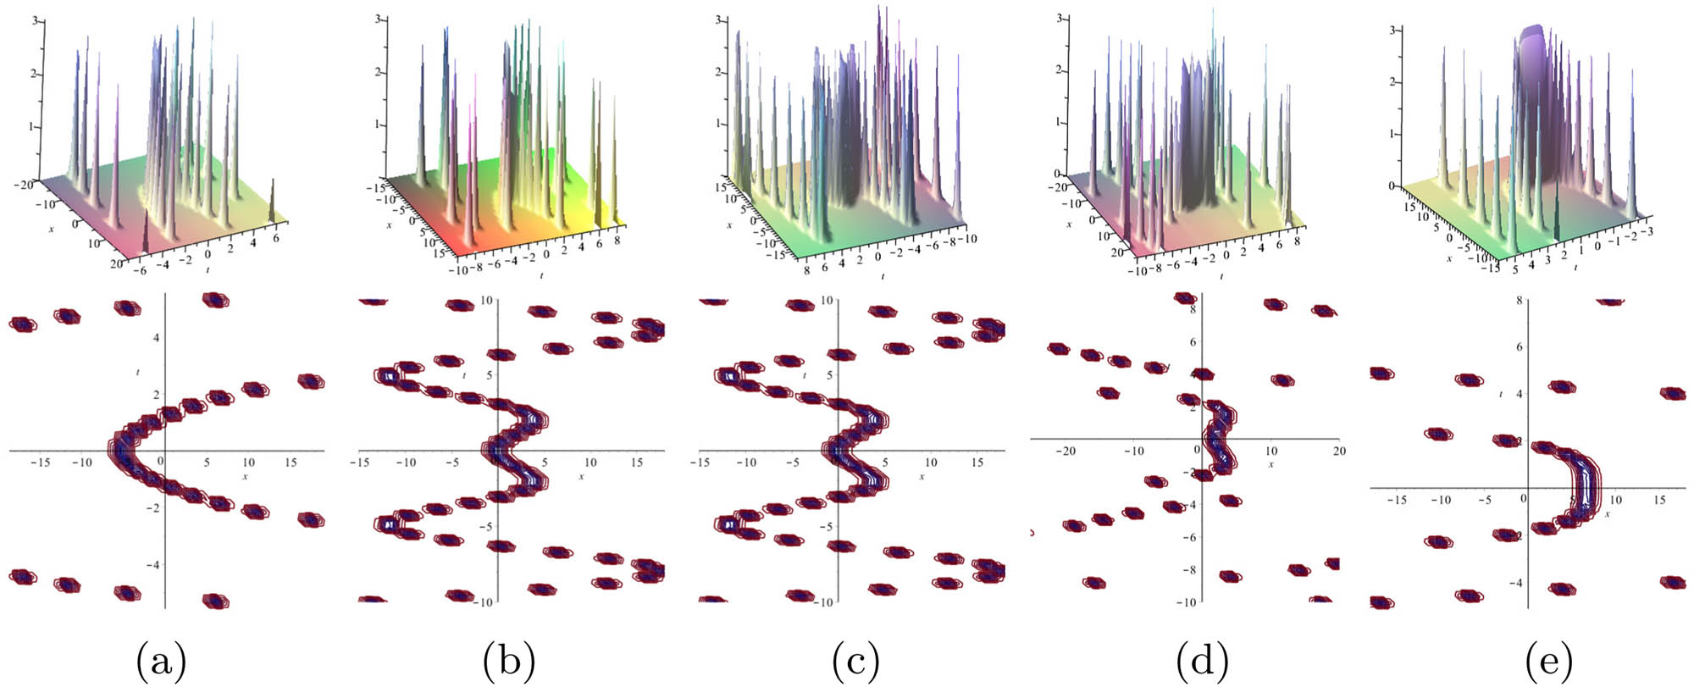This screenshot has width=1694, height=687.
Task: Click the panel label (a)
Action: click(161, 661)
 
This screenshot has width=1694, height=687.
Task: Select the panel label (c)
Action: click(855, 661)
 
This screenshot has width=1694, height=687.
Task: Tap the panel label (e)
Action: click(1548, 661)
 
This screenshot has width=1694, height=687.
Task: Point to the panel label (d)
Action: click(1203, 661)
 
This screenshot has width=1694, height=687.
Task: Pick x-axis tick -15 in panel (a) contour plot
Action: click(40, 463)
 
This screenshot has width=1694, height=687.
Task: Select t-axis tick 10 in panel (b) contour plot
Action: click(487, 301)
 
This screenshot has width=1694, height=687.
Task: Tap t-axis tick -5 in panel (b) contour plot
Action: click(485, 526)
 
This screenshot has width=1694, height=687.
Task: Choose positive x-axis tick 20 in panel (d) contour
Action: click(1338, 451)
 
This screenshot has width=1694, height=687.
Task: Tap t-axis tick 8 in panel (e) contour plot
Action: click(1520, 300)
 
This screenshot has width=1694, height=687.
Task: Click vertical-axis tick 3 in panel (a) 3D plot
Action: click(34, 19)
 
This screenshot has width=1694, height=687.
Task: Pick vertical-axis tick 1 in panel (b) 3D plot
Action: click(379, 125)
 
